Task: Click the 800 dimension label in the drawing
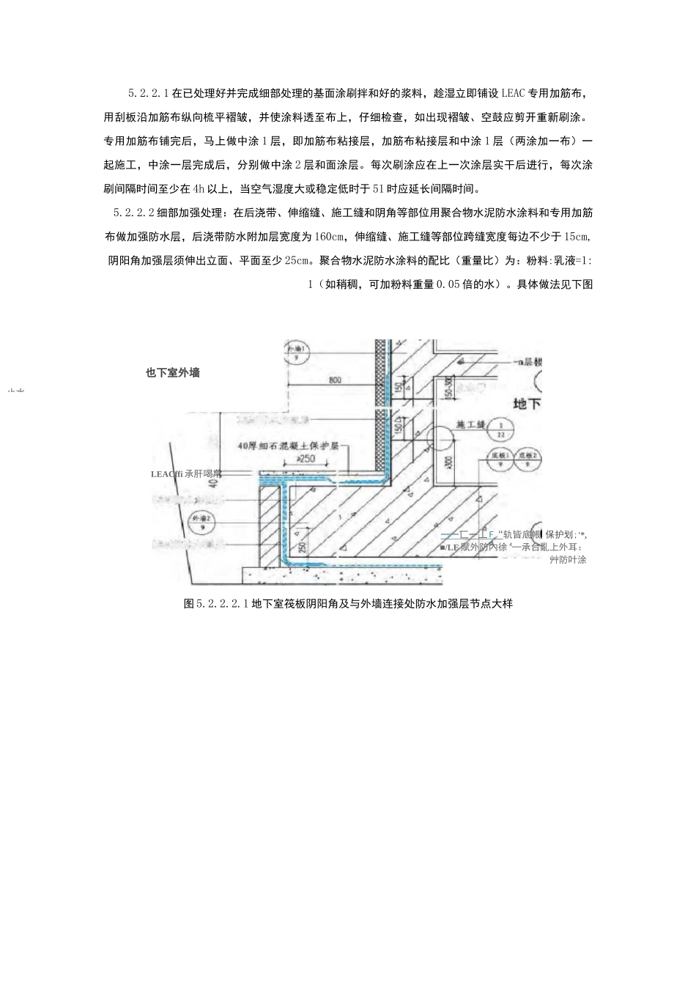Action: pyautogui.click(x=335, y=380)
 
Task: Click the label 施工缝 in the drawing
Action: pyautogui.click(x=468, y=424)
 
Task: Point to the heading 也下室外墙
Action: pyautogui.click(x=173, y=372)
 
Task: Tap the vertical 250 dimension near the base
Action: pyautogui.click(x=300, y=547)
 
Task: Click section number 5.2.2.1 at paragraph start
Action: pyautogui.click(x=148, y=94)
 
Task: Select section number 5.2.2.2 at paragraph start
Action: pyautogui.click(x=133, y=213)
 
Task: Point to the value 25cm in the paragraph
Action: pyautogui.click(x=299, y=260)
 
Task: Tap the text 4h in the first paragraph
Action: pyautogui.click(x=199, y=189)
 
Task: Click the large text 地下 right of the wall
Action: pyautogui.click(x=526, y=403)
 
